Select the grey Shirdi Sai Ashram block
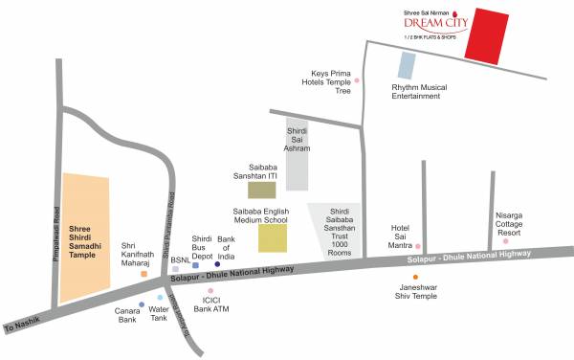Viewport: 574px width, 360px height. pos(298,156)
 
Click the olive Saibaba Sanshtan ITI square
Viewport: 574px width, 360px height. pos(261,191)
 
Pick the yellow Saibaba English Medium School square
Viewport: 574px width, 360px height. pos(272,237)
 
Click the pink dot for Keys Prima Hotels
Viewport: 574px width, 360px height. pos(357,81)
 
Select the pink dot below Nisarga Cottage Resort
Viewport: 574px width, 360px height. pos(506,241)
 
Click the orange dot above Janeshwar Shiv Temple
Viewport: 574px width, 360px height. pos(415,277)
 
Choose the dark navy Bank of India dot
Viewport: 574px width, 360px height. pos(217,264)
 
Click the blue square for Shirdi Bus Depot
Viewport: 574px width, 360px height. pos(196,264)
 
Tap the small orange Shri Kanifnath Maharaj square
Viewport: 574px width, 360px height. pos(143,273)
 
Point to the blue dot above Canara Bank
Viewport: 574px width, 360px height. pos(142,304)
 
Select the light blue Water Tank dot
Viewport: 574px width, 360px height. pos(160,298)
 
